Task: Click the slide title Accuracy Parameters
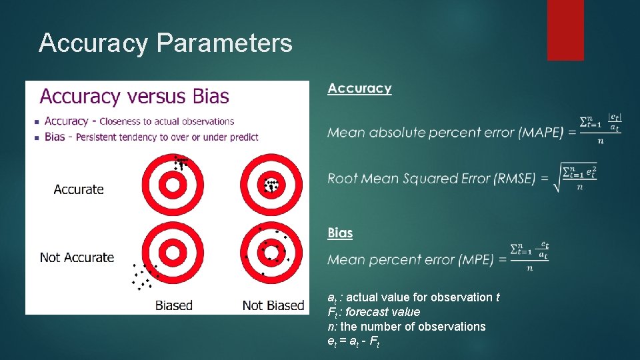click(165, 43)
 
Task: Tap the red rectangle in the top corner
click(565, 30)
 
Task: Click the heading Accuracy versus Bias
click(134, 97)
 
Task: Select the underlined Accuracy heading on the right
click(359, 89)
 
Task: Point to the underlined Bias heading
click(340, 233)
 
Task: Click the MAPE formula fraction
click(600, 129)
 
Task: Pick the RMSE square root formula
click(574, 178)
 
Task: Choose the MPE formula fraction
click(529, 257)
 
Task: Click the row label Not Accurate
click(77, 257)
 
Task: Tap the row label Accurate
click(79, 189)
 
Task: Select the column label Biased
click(173, 305)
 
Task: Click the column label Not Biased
click(273, 305)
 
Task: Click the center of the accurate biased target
click(173, 185)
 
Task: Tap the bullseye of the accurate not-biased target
click(271, 185)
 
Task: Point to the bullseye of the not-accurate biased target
click(173, 253)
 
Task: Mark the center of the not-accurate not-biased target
click(271, 253)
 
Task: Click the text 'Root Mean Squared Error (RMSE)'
click(431, 179)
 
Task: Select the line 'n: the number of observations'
click(406, 327)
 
